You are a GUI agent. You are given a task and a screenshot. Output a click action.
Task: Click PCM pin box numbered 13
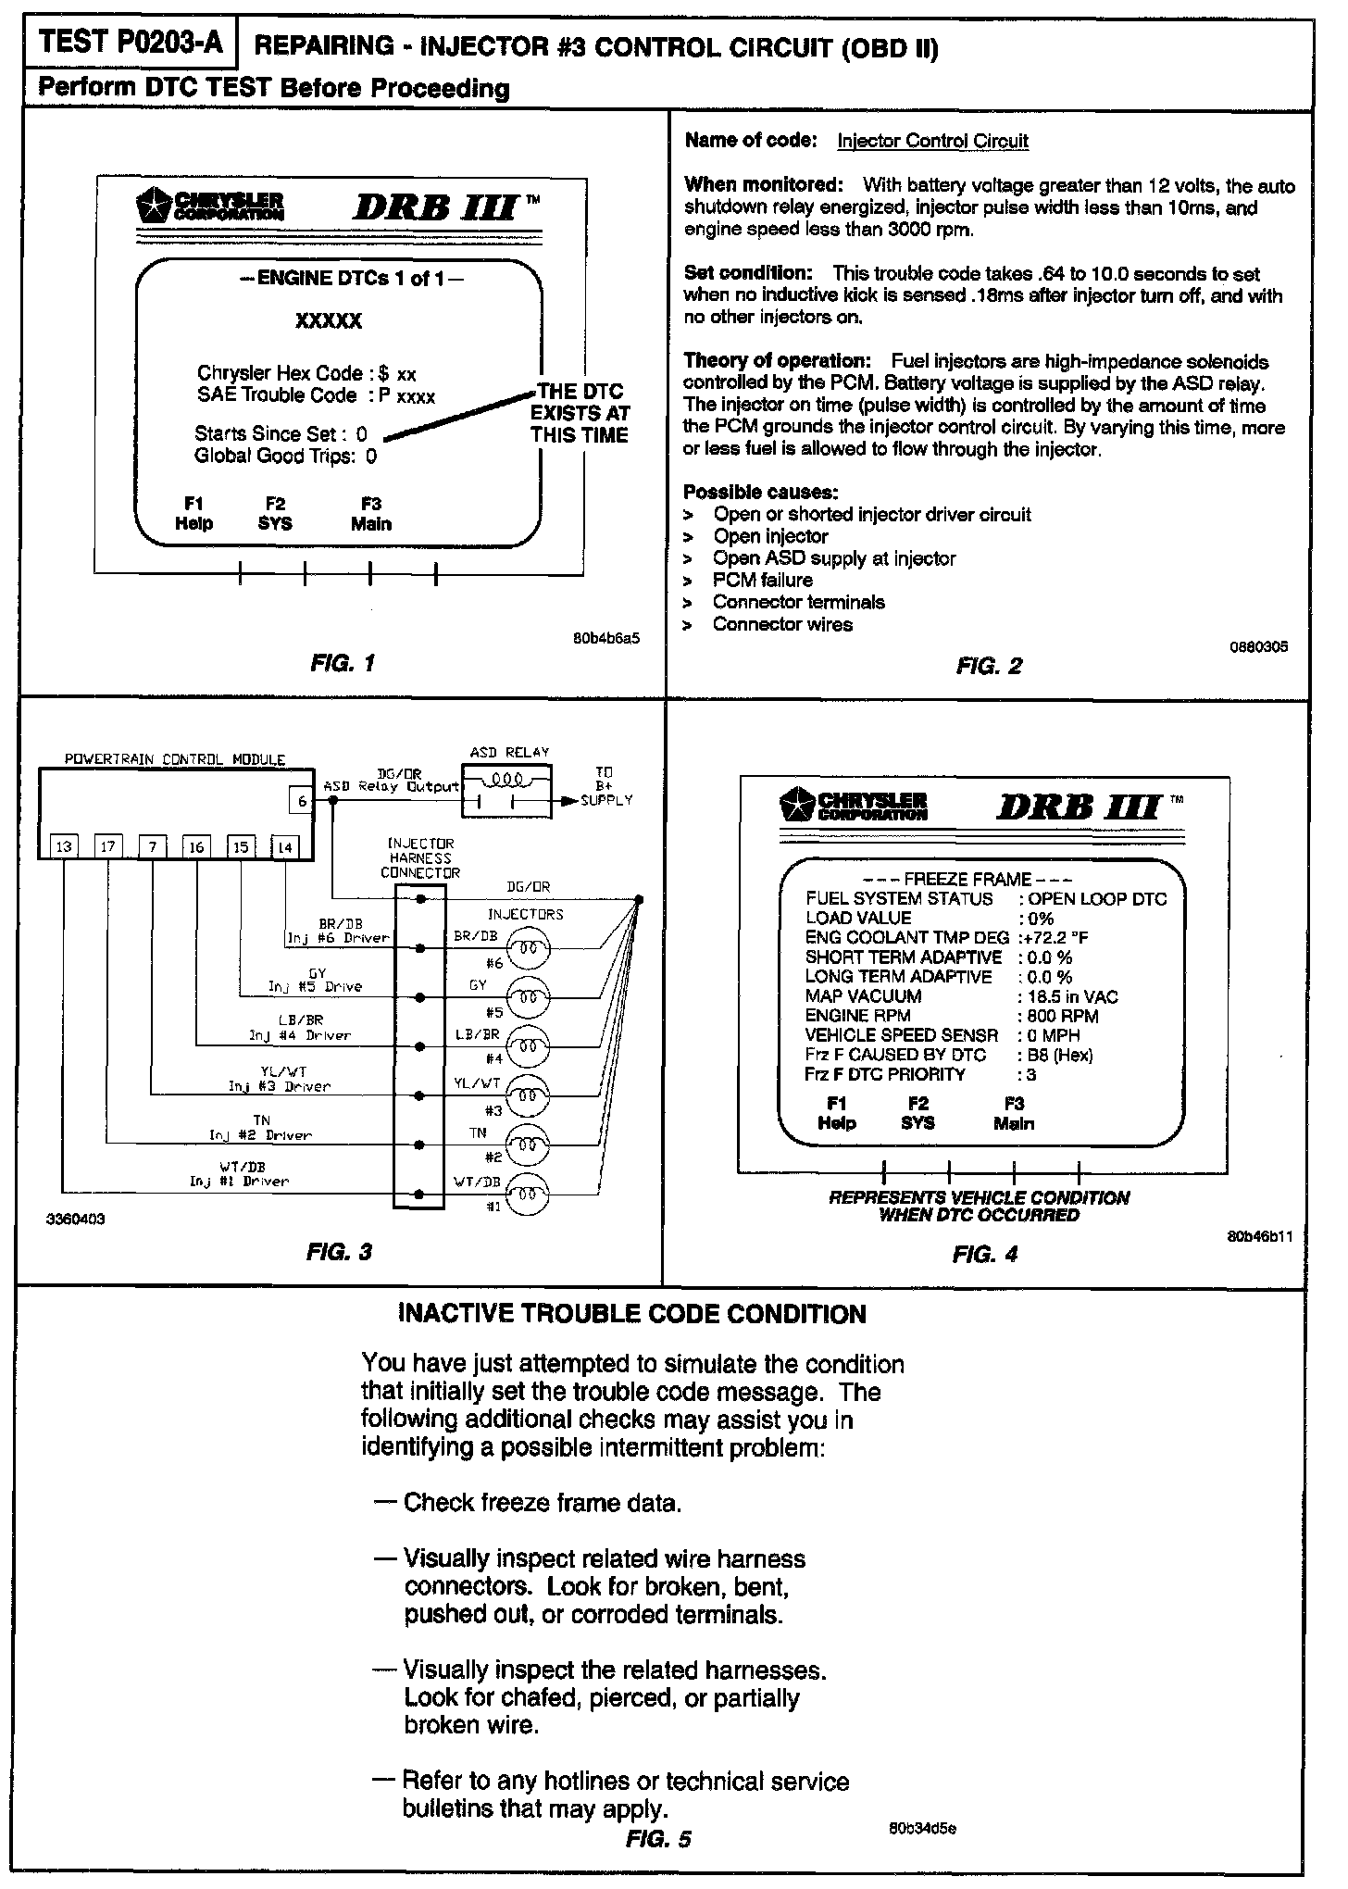64,846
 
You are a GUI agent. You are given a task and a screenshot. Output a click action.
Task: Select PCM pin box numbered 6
302,801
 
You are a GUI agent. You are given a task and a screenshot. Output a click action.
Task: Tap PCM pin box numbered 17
109,846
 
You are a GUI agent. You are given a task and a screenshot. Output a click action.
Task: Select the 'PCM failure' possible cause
762,581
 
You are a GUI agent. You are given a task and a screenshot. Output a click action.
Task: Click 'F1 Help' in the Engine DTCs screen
193,514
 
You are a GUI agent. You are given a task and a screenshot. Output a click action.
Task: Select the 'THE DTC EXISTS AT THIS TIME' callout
580,413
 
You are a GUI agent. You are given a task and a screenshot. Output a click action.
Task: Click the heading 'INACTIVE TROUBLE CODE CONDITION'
631,1314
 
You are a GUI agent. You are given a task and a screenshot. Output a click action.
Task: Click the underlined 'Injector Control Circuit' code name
932,141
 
